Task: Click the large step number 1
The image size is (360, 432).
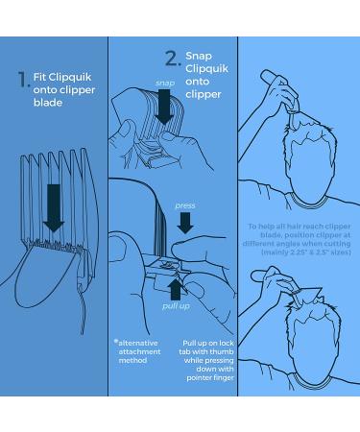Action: coord(23,80)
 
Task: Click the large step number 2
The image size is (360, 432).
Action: coord(173,59)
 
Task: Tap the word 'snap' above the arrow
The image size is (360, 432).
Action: coord(165,83)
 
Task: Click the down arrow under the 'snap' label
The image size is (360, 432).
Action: coord(164,107)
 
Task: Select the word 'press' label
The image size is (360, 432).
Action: coord(185,205)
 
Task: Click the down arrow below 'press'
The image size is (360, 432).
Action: coord(185,223)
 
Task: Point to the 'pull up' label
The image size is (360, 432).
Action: coord(176,306)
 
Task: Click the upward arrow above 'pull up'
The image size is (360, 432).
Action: coord(176,290)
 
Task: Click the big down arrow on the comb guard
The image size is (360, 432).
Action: coord(54,208)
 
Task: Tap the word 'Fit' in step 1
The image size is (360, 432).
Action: coord(39,77)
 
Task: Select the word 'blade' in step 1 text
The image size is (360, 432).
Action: coord(48,103)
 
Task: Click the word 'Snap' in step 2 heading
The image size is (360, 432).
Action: coord(199,56)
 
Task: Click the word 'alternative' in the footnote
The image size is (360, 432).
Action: coord(138,343)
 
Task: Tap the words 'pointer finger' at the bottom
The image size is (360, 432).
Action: coord(210,378)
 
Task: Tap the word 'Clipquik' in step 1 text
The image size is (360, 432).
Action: coord(70,77)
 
